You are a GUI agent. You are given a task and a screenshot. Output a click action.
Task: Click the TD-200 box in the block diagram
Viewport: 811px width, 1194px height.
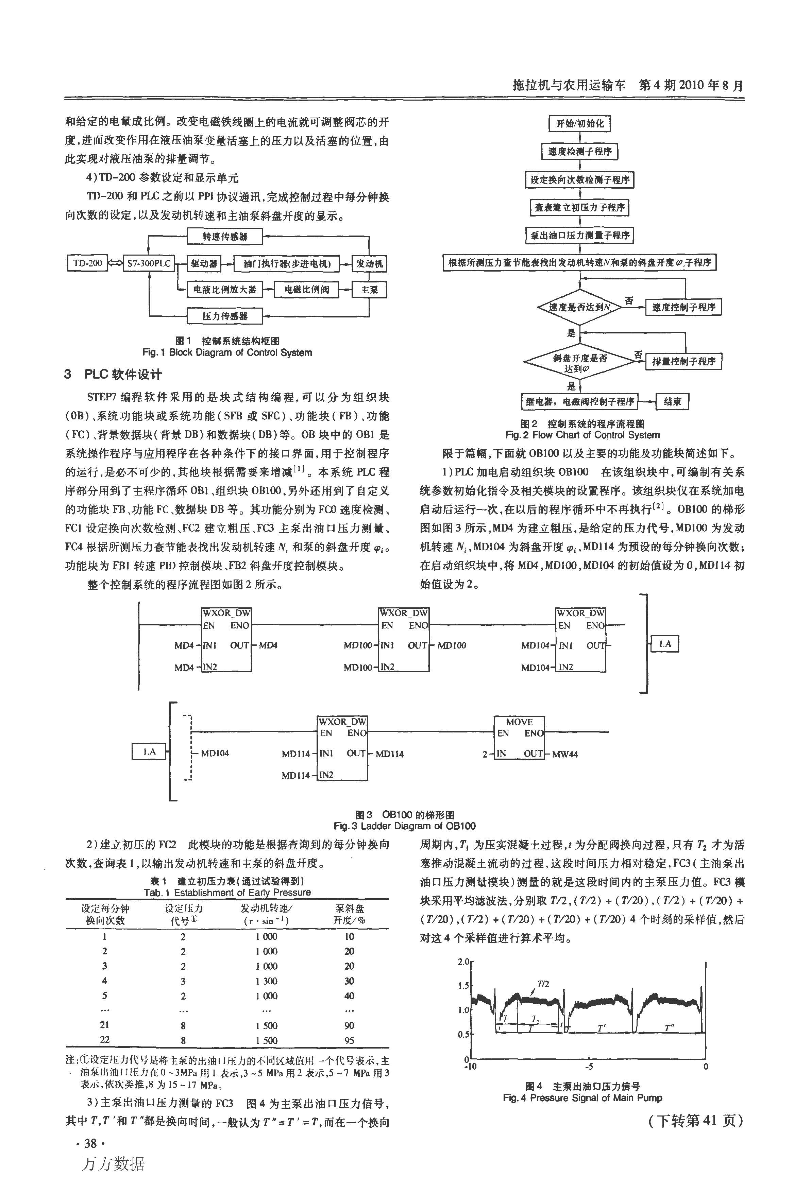(88, 263)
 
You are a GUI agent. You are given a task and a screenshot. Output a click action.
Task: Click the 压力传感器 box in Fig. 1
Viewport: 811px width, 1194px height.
(224, 316)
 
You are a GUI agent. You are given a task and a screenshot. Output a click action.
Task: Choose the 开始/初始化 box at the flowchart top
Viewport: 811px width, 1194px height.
(580, 123)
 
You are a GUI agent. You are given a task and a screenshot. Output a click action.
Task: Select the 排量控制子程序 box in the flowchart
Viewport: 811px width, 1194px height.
(683, 361)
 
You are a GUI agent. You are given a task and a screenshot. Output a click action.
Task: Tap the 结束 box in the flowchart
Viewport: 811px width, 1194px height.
(672, 402)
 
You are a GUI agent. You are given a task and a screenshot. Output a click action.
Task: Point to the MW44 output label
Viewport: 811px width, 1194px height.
(565, 754)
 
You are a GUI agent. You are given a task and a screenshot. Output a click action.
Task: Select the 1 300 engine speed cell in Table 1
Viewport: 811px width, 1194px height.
(266, 981)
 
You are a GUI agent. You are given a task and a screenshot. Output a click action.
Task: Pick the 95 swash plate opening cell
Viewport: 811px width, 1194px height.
(350, 1040)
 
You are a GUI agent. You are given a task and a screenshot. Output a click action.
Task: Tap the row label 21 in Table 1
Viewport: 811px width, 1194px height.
(105, 1025)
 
